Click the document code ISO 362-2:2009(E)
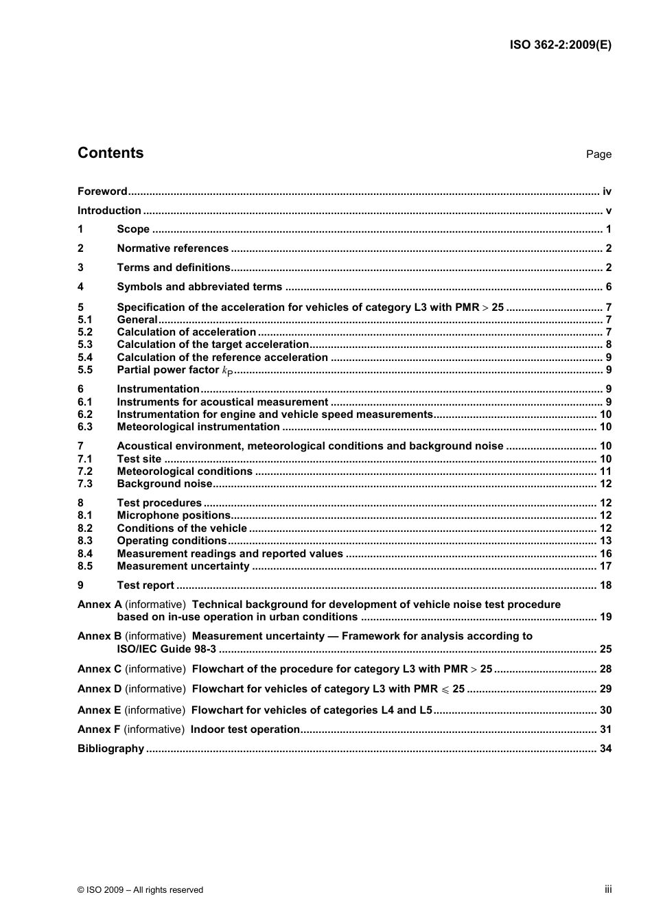pos(560,45)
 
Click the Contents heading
pos(110,153)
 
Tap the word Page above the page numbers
pos(598,154)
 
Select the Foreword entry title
pos(102,191)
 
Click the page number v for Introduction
pos(608,211)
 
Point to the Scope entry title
pos(133,229)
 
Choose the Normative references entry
pos(172,248)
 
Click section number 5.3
pos(85,344)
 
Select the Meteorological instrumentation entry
pos(198,427)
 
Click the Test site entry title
pos(139,459)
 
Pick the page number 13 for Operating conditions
pos(605,541)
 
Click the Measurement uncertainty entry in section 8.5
pos(183,566)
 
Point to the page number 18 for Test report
pos(605,585)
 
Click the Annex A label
pos(100,605)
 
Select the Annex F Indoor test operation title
pos(245,729)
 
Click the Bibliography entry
pos(110,749)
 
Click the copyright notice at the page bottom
pos(141,890)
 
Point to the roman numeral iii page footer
pos(608,889)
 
